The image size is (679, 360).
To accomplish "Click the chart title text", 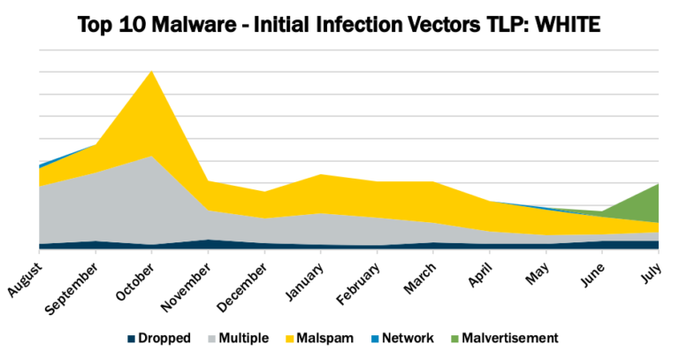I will [339, 23].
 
